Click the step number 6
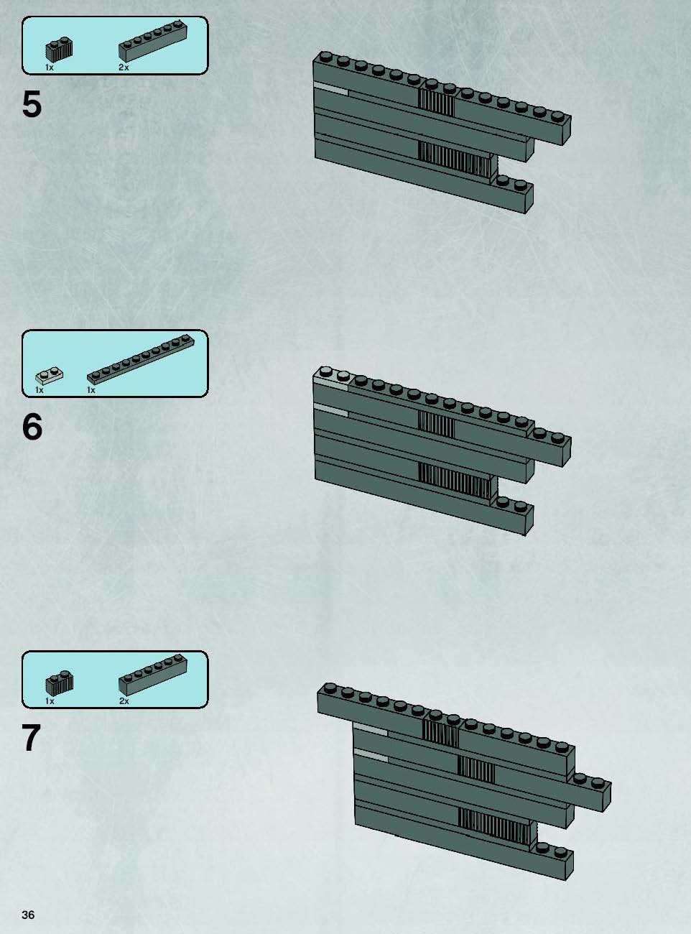tap(32, 427)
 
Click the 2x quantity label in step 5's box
tap(124, 68)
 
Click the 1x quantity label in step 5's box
tap(50, 68)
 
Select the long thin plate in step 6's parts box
tap(141, 360)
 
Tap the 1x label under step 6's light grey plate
tap(40, 390)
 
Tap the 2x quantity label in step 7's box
tap(124, 701)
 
